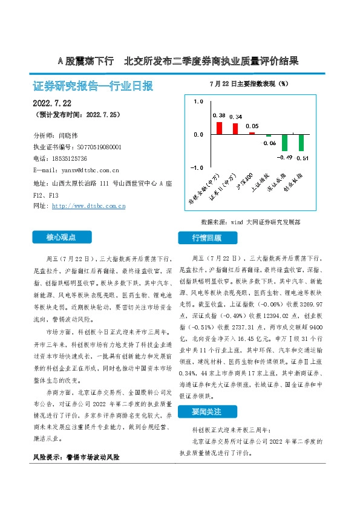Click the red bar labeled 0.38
tap(220, 128)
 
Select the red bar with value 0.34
tap(236, 129)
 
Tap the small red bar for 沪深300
tap(252, 133)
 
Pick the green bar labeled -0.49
tap(285, 143)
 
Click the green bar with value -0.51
tap(301, 143)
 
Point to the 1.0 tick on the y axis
tap(198, 102)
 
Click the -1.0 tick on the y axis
tap(198, 167)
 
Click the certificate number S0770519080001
tap(99, 147)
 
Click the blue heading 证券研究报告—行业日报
tap(93, 86)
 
